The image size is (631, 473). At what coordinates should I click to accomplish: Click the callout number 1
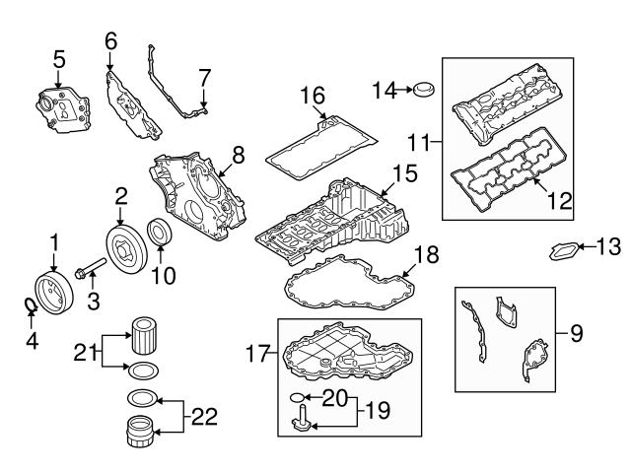click(55, 239)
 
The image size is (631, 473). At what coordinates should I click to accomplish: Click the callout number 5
click(58, 57)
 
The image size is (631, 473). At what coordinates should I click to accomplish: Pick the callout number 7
click(204, 77)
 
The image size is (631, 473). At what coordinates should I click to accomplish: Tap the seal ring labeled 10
click(159, 232)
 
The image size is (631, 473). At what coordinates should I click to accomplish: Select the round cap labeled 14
click(426, 91)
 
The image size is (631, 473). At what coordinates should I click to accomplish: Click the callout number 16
click(313, 95)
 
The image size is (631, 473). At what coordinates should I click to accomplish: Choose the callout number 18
click(423, 253)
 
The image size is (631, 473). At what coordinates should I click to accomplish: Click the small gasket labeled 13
click(565, 251)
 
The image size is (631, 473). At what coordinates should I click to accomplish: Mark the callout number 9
click(577, 333)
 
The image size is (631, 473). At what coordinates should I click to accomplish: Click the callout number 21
click(84, 350)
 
